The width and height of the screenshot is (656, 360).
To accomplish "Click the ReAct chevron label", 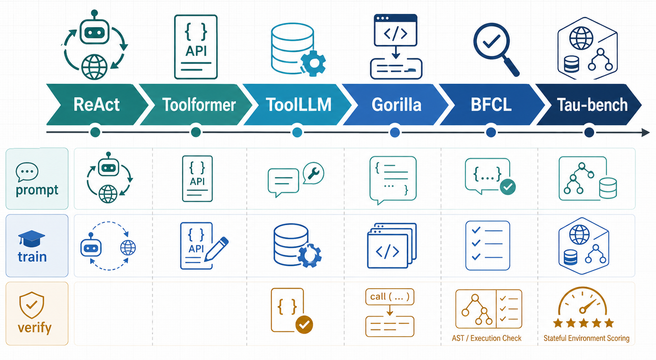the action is pos(96,105).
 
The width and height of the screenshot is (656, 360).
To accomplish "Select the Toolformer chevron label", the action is pos(199,105).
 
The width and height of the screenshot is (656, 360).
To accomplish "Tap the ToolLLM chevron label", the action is pos(298,105).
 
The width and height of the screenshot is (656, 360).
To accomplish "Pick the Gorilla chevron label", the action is pos(396,105).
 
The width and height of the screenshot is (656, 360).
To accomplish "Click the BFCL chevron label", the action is pos(491,105).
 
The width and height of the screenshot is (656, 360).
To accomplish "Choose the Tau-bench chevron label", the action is pos(592,105).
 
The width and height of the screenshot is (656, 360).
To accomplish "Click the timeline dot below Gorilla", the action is pos(395,133).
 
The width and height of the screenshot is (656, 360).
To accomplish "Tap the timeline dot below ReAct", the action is pos(95,133).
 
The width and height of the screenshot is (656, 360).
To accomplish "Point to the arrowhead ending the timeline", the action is pos(646,133).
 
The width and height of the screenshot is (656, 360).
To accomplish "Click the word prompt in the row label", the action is pos(37,190).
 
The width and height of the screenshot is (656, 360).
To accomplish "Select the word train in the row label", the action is pos(32,257).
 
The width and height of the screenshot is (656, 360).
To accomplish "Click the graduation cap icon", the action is pos(31,238).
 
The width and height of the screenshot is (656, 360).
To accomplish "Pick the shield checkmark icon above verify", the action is pos(32,305).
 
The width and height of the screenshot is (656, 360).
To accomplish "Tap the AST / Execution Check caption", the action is pos(486,338).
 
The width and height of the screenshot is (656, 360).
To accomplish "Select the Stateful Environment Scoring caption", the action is pos(586,338).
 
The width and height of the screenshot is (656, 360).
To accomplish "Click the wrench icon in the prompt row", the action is pos(313,173).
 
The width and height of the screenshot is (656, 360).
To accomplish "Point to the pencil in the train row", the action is pos(216,249).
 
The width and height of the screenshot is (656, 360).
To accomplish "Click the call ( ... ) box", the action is pos(389,297).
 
